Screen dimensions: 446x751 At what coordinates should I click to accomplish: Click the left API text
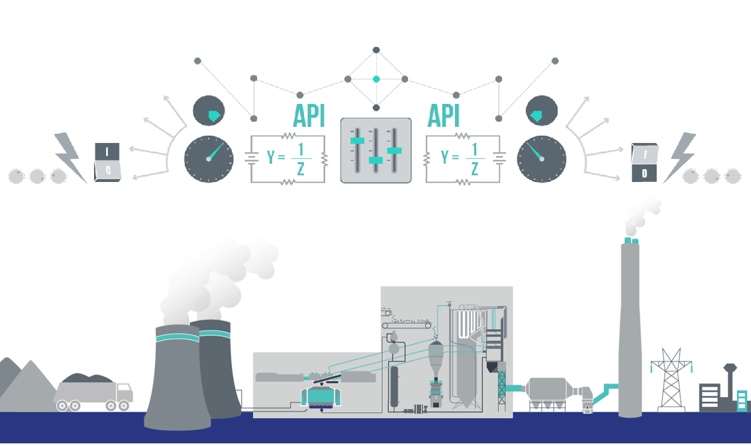[x=309, y=116]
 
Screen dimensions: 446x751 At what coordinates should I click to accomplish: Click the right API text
[x=443, y=116]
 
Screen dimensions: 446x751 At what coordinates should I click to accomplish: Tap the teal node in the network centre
[x=376, y=79]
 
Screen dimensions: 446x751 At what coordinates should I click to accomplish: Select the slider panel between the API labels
[x=375, y=150]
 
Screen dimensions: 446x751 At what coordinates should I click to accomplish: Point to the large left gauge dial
[x=209, y=159]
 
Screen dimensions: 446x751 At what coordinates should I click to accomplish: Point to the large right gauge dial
[x=542, y=159]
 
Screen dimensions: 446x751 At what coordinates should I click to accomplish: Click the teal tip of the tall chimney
[x=630, y=242]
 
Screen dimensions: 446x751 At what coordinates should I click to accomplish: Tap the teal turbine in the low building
[x=321, y=396]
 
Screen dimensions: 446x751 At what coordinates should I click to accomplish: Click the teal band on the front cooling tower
[x=177, y=337]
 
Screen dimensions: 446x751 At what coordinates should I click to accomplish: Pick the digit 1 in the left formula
[x=300, y=149]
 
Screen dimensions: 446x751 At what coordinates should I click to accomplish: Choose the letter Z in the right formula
[x=474, y=169]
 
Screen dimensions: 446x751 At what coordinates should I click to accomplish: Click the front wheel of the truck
[x=123, y=406]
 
